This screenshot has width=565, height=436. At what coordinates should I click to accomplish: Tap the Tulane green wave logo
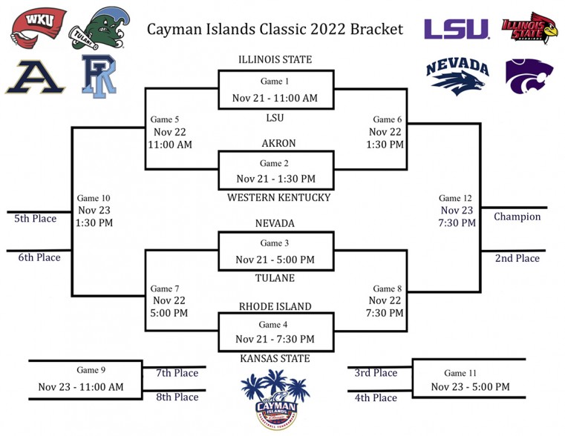pyautogui.click(x=99, y=29)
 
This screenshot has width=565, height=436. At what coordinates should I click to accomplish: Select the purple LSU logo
pyautogui.click(x=457, y=29)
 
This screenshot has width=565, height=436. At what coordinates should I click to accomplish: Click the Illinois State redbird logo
pyautogui.click(x=529, y=28)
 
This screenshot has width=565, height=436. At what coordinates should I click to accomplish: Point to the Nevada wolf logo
pyautogui.click(x=457, y=76)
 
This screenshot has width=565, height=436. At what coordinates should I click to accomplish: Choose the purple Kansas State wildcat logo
pyautogui.click(x=529, y=76)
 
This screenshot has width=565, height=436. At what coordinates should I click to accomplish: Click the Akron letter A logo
pyautogui.click(x=35, y=77)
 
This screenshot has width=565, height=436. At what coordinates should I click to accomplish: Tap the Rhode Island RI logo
pyautogui.click(x=99, y=76)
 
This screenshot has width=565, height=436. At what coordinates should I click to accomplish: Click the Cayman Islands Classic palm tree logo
pyautogui.click(x=275, y=400)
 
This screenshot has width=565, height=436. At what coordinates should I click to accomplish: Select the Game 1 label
pyautogui.click(x=275, y=82)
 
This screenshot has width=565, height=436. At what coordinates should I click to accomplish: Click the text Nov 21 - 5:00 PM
pyautogui.click(x=275, y=260)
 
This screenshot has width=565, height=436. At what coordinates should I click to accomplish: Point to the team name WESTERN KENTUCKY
pyautogui.click(x=278, y=197)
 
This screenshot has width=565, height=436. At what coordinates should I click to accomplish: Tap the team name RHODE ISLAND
pyautogui.click(x=275, y=306)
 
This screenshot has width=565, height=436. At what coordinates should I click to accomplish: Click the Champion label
pyautogui.click(x=517, y=217)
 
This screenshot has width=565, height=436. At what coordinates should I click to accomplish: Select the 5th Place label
pyautogui.click(x=36, y=218)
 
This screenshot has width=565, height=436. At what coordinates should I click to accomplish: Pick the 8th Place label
pyautogui.click(x=177, y=397)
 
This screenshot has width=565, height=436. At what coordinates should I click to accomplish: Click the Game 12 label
pyautogui.click(x=455, y=198)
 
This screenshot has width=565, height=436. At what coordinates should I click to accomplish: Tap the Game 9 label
pyautogui.click(x=91, y=370)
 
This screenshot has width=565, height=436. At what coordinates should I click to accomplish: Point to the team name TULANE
pyautogui.click(x=275, y=278)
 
